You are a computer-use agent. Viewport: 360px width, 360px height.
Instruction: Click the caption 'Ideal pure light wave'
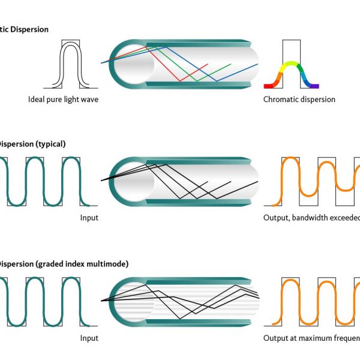(63, 99)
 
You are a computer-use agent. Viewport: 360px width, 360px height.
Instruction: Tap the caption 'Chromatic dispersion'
(299, 99)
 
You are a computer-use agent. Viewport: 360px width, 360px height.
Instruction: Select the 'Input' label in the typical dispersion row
(89, 218)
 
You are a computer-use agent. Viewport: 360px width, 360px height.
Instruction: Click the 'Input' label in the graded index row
(89, 338)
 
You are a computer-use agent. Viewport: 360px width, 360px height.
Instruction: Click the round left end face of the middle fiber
(127, 181)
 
